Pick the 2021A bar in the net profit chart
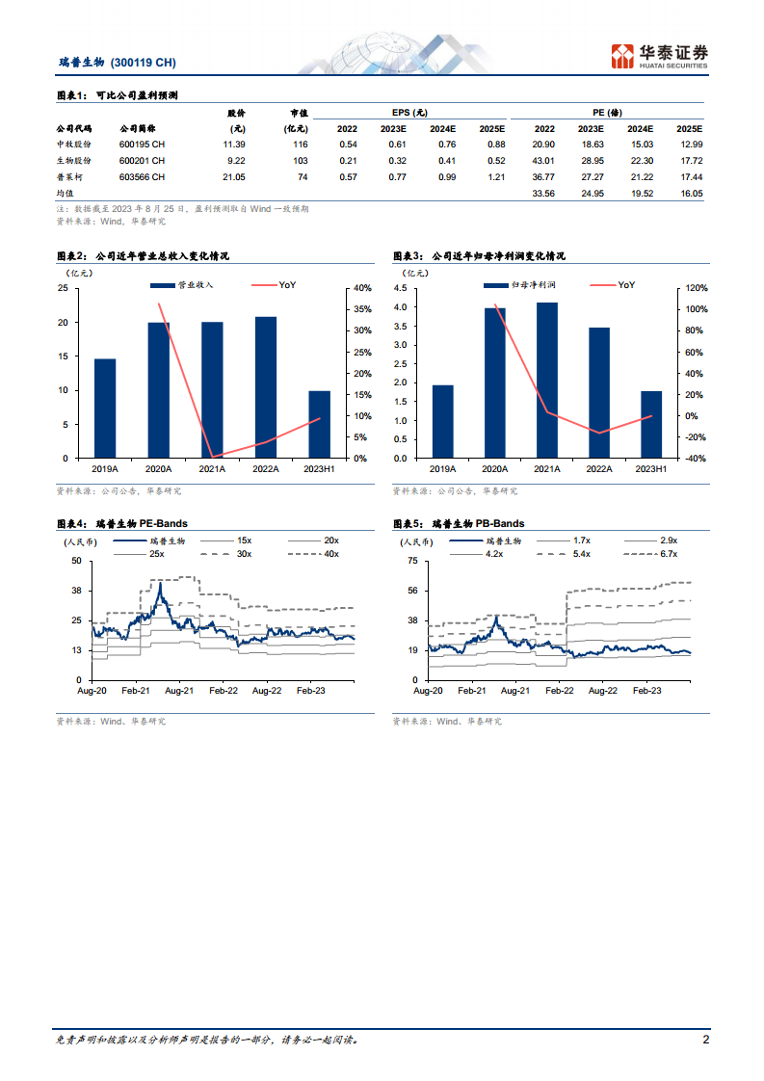click(x=547, y=380)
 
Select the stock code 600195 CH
click(x=142, y=144)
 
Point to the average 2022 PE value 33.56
click(x=543, y=194)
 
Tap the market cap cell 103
click(x=300, y=160)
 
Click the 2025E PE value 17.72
click(x=690, y=160)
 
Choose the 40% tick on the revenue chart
click(x=362, y=288)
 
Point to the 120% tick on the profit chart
click(x=696, y=288)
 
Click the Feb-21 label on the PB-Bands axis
click(x=472, y=691)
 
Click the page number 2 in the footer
click(x=705, y=1040)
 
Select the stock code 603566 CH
click(x=142, y=177)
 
